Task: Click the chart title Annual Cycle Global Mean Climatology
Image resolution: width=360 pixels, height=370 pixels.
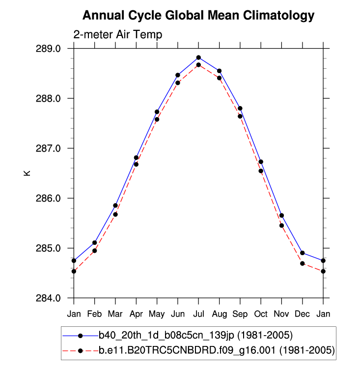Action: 198,16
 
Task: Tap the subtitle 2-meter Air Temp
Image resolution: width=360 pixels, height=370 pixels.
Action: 117,35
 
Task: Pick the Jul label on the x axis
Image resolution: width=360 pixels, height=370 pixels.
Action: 198,314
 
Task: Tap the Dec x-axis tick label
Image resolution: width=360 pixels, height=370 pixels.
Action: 303,314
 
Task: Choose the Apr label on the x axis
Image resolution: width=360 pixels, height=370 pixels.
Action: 136,314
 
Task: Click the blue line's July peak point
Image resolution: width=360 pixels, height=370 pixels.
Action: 198,57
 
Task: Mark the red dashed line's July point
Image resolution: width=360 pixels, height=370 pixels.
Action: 198,65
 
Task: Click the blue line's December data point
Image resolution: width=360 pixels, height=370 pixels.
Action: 303,253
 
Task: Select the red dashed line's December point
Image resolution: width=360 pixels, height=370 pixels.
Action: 303,264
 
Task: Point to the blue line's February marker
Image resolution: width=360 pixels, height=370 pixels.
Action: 94,242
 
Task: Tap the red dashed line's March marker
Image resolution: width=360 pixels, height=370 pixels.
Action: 115,214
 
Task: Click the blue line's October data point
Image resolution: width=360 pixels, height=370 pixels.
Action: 261,161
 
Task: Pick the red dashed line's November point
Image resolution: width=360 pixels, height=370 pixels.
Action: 281,225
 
